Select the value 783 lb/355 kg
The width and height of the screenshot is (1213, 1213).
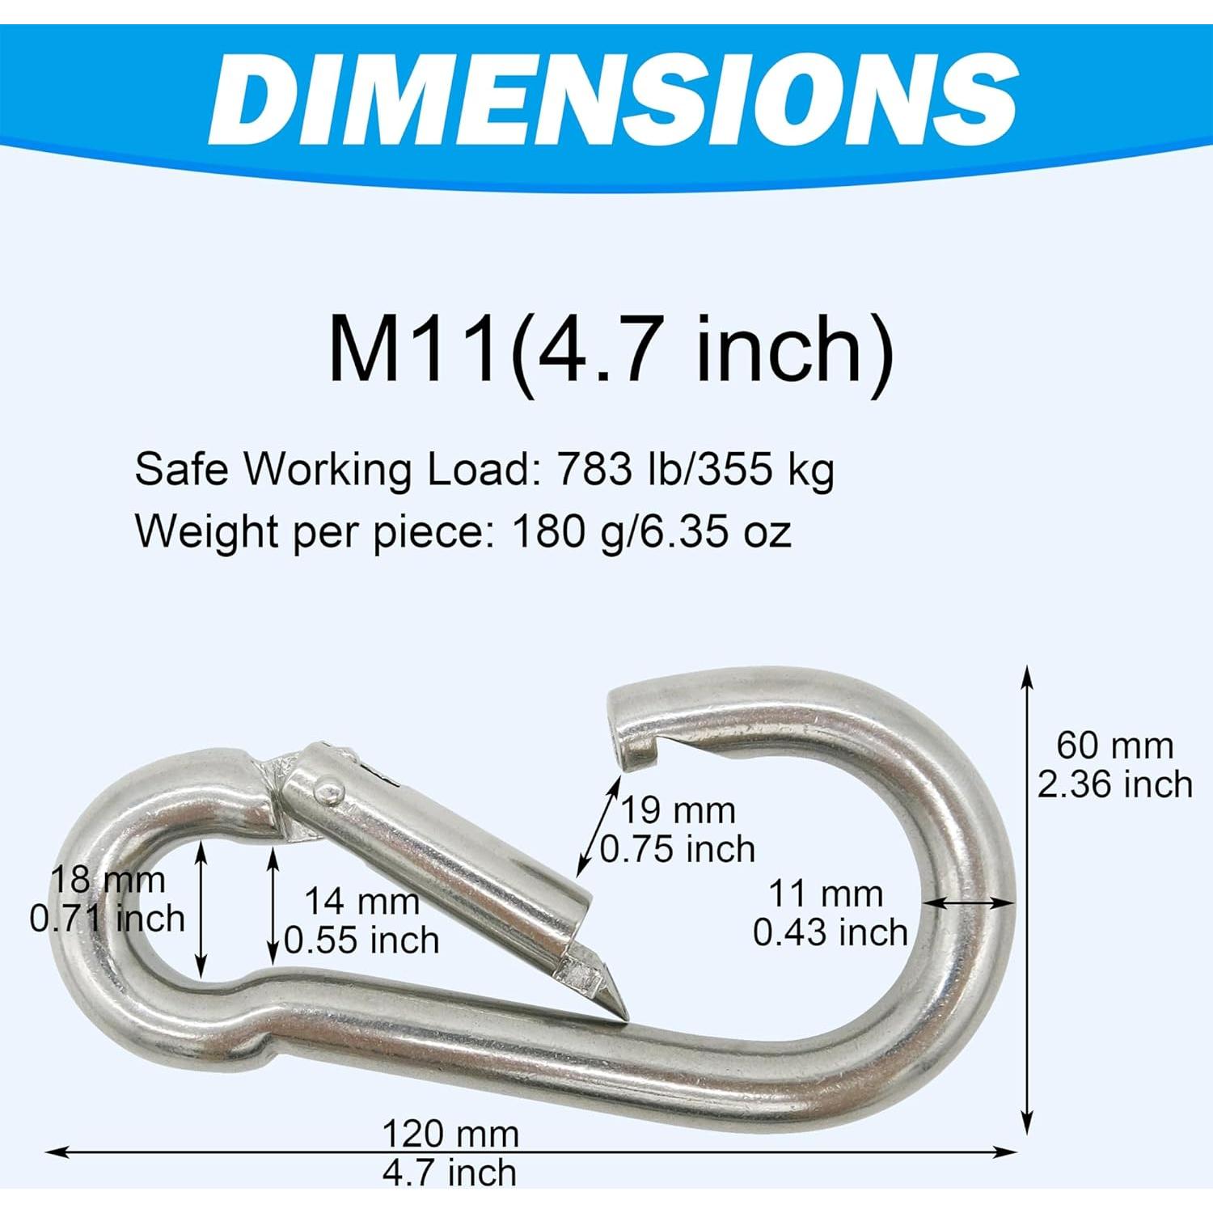(694, 470)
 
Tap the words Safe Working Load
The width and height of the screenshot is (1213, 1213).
(330, 470)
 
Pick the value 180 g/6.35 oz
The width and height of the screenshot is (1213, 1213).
(651, 532)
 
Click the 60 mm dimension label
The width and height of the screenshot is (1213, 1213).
(1114, 746)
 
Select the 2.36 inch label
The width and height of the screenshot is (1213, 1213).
(1114, 784)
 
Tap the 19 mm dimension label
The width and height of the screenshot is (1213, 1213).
(678, 810)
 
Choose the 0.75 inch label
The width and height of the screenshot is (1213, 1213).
(678, 849)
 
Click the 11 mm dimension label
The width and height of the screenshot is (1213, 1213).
(825, 894)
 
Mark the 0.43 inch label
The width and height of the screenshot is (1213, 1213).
(831, 932)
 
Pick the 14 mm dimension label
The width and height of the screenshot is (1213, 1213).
(361, 902)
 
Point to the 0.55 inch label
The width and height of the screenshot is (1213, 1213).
(361, 940)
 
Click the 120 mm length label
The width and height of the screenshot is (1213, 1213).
(450, 1135)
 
